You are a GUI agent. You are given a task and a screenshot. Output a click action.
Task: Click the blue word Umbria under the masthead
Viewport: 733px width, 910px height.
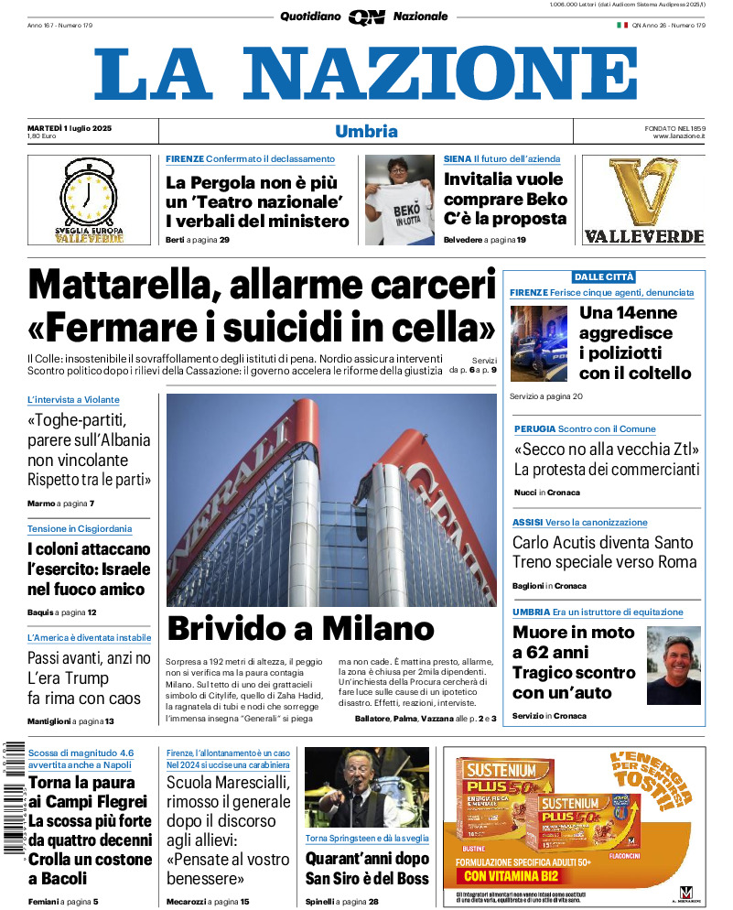(x=366, y=131)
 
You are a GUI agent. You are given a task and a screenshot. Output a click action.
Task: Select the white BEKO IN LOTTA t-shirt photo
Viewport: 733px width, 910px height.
(x=400, y=199)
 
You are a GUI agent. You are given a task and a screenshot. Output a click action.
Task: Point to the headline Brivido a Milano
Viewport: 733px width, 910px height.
(x=300, y=628)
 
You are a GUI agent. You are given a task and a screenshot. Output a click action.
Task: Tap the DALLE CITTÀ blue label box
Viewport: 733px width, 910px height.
(x=603, y=276)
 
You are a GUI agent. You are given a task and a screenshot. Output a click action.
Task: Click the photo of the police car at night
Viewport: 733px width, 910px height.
(x=539, y=343)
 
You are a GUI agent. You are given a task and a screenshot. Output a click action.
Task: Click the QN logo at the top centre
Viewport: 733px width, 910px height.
(x=366, y=16)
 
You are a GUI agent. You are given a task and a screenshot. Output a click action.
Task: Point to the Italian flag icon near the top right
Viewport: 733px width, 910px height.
(x=621, y=26)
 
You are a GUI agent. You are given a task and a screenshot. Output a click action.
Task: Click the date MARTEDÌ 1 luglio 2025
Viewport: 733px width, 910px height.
(x=70, y=127)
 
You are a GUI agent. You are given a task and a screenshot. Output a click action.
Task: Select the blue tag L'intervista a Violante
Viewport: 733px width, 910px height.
(x=73, y=400)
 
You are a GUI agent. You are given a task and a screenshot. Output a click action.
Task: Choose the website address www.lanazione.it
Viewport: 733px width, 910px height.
(x=678, y=136)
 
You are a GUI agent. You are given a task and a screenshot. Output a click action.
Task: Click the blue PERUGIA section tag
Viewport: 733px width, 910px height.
(x=534, y=428)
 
